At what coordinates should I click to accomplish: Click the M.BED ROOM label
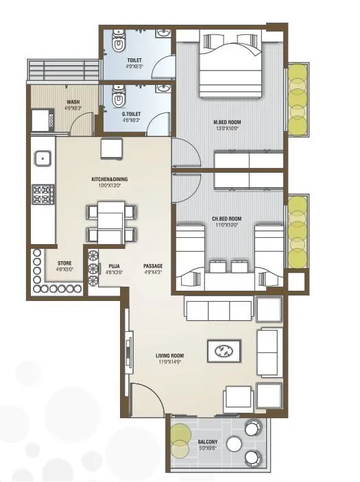(227, 123)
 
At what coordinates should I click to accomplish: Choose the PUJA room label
(114, 265)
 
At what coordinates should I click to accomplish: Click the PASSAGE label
(153, 265)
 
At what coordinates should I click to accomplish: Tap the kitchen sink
(43, 158)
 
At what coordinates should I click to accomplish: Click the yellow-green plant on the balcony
(182, 440)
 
